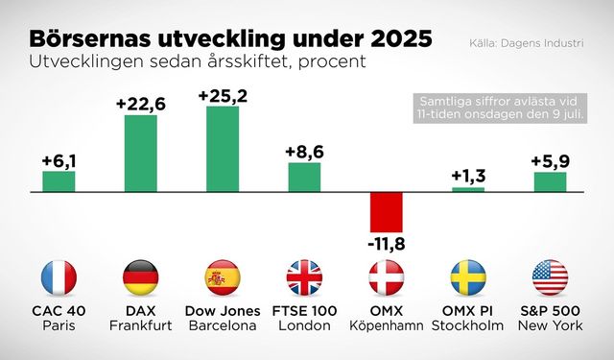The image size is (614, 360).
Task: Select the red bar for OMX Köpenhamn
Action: pos(387,210)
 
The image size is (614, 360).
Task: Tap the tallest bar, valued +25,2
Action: pos(223,149)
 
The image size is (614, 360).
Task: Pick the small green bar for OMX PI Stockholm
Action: pos(468,189)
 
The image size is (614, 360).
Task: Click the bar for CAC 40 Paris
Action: pos(59,181)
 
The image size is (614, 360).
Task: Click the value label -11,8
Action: pos(387,244)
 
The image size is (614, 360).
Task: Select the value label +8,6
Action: pos(305,151)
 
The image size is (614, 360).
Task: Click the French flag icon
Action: pos(59,277)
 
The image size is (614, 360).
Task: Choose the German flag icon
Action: pos(140,277)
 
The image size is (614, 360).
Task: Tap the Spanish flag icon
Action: pos(223,277)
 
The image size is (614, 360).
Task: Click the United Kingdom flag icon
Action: pos(305,277)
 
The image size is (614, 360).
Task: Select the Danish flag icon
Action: pos(387,277)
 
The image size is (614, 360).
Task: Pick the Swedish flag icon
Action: pos(468,277)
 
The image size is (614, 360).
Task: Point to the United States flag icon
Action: pos(550,277)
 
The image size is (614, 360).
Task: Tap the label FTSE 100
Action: pos(305,312)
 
